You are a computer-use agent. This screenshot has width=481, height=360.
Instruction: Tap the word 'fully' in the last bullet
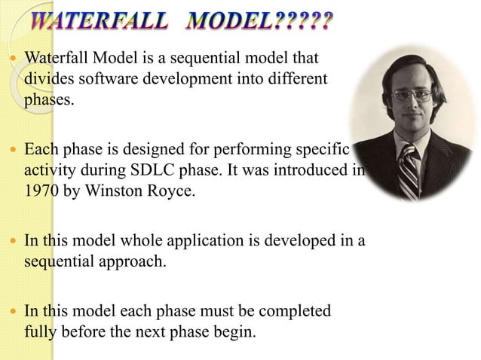click(x=39, y=331)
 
